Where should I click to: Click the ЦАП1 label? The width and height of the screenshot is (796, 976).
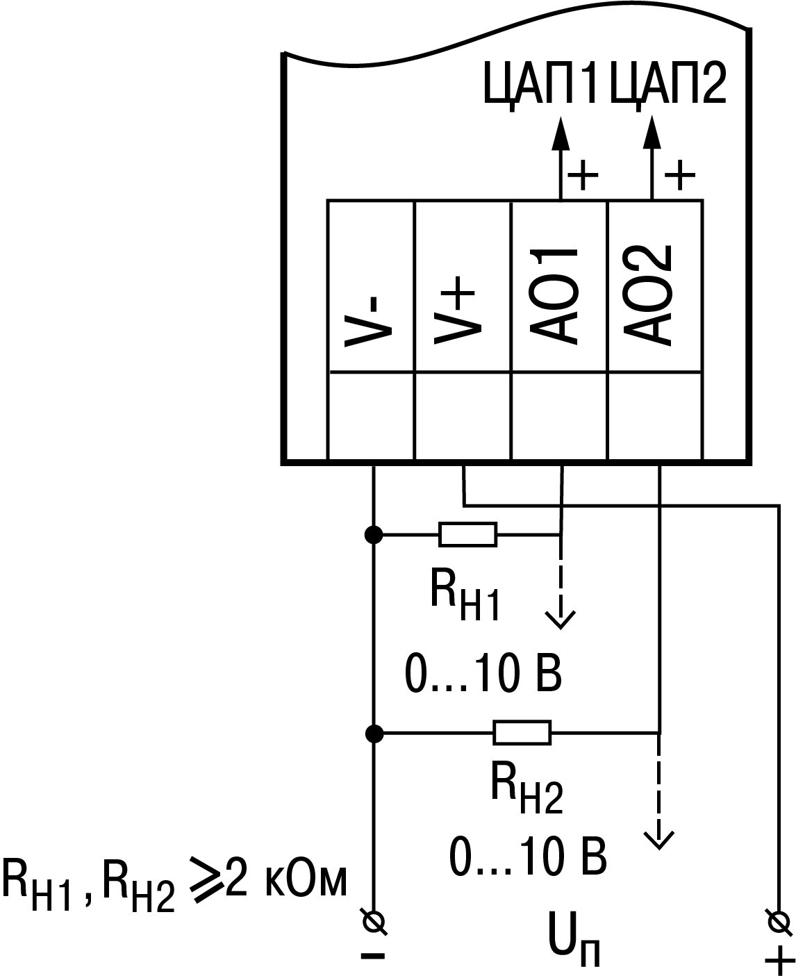click(x=540, y=83)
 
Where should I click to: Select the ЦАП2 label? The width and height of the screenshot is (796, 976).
click(x=668, y=83)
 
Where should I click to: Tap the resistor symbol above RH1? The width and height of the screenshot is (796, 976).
click(x=468, y=534)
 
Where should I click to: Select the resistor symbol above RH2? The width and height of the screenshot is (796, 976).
click(x=522, y=732)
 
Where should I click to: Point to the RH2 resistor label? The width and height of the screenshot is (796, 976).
click(x=526, y=789)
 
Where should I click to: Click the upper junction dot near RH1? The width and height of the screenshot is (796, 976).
click(x=374, y=534)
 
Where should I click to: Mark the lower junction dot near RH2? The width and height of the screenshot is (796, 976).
click(x=374, y=732)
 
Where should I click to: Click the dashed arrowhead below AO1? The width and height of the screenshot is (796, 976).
click(x=561, y=618)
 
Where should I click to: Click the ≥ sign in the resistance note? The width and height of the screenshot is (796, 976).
click(x=201, y=882)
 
